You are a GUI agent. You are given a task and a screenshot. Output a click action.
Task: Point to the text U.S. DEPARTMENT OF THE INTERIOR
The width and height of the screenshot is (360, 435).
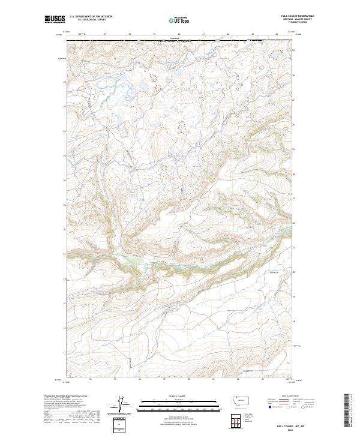[x=91, y=17]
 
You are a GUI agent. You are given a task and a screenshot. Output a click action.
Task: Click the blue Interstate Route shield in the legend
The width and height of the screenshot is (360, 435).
[x=269, y=406]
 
